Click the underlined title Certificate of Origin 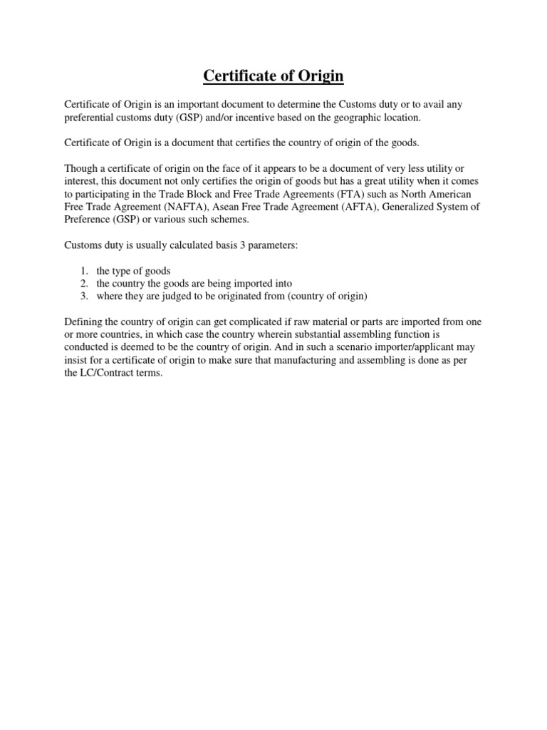pyautogui.click(x=273, y=76)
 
